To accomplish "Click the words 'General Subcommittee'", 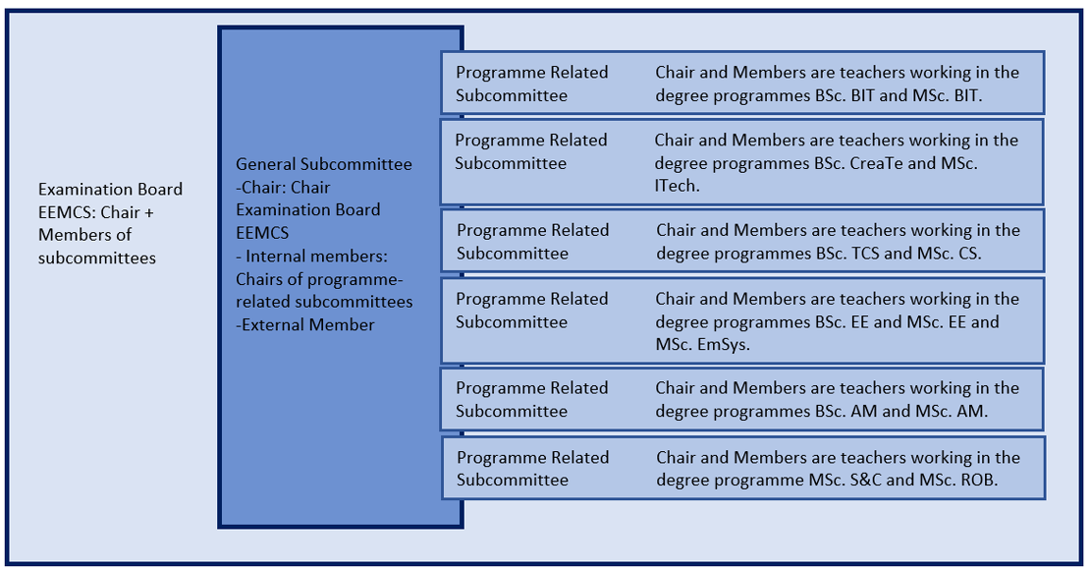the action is coord(324,165).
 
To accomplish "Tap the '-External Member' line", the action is coord(305,324).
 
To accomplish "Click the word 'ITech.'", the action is coord(678,186).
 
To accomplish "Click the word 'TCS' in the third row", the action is coord(865,254).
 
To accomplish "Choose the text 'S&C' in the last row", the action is coord(865,480).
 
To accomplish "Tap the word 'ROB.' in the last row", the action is coord(980,480).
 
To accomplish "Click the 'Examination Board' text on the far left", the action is coord(111,189).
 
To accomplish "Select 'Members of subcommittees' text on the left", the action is coord(97,247).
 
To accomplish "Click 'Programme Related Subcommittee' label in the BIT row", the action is coord(532,84).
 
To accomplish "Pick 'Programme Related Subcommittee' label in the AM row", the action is coord(532,399).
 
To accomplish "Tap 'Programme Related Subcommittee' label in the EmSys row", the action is coord(532,311).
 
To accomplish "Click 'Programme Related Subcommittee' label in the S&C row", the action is coord(532,469).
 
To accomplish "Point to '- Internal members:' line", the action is coord(311,256).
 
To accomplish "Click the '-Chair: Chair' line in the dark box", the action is coord(283,188).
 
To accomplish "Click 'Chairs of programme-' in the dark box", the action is coord(319,279).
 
